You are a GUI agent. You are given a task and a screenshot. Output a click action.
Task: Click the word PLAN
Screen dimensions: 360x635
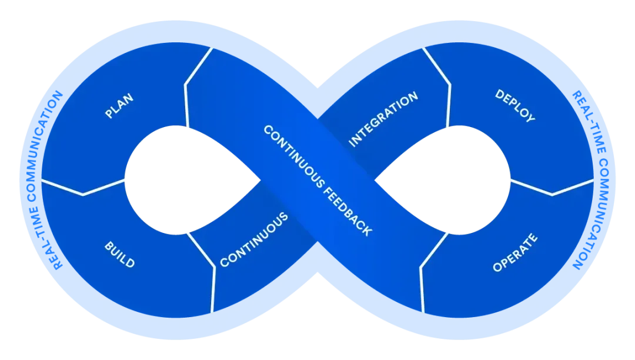click(119, 106)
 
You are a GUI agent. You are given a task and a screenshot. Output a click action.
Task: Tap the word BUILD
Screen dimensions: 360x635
click(119, 254)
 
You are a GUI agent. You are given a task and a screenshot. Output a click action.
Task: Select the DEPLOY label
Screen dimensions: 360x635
click(515, 106)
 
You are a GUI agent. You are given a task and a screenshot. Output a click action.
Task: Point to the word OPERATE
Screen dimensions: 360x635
click(515, 253)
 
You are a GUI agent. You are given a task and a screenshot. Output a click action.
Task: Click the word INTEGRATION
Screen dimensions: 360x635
click(383, 119)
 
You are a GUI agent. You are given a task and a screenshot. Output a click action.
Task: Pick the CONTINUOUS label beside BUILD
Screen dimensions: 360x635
click(254, 240)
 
